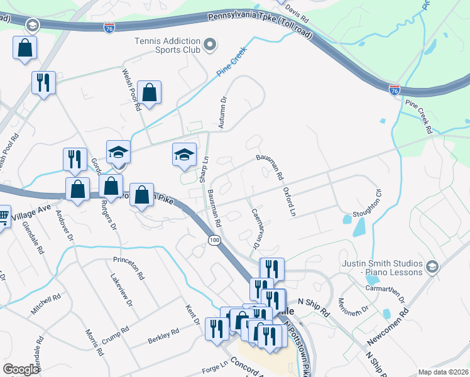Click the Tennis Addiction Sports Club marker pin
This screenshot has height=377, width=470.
[x=210, y=44]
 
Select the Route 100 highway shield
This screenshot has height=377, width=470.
[x=215, y=241]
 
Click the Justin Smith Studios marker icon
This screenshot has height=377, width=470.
[x=432, y=267]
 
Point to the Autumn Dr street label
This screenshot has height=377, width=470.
[x=221, y=113]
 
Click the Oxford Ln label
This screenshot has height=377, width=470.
[x=288, y=201]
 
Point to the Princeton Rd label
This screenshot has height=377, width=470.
[x=129, y=259]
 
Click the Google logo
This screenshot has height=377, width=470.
[x=20, y=369]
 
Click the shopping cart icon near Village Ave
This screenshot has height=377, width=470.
[x=3, y=217]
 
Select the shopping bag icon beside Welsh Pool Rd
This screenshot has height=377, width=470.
[x=150, y=92]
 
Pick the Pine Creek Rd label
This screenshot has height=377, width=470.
[x=418, y=117]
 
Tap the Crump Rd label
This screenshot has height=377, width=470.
[x=116, y=331]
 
